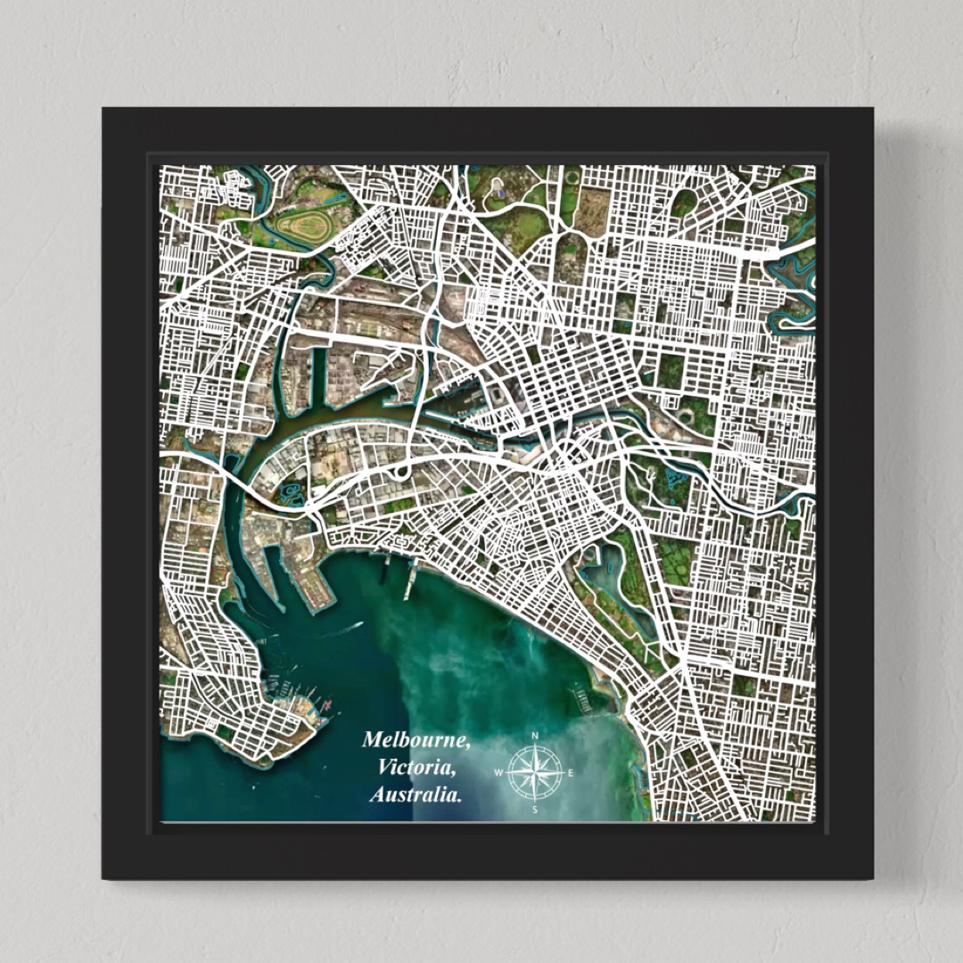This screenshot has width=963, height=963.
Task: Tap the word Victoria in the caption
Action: tap(415, 767)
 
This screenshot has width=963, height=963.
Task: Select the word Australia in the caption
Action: tap(415, 794)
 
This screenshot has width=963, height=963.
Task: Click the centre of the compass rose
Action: tap(535, 772)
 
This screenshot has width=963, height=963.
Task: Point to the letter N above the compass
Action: tap(535, 736)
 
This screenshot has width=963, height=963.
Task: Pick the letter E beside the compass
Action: tap(571, 773)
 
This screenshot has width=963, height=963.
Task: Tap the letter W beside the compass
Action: tap(498, 773)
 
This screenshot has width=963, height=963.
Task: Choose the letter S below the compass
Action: tap(535, 810)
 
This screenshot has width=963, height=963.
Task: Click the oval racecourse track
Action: tap(303, 226)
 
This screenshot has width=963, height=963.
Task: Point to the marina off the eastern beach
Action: tap(584, 701)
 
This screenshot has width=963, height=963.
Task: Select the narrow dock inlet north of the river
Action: tap(319, 374)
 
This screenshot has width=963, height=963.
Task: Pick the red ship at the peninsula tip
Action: tap(325, 706)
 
